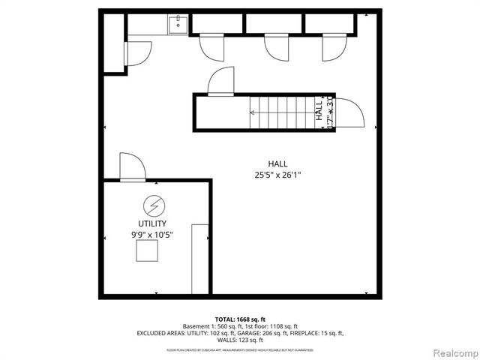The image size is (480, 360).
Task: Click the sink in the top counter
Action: [x=178, y=25]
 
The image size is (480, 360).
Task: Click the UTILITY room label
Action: [x=152, y=223]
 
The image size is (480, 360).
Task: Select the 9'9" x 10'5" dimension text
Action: [x=152, y=235]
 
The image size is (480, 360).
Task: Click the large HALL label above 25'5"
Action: [x=277, y=163]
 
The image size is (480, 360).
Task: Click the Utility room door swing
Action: [x=130, y=166]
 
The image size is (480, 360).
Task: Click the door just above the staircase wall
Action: [x=222, y=81]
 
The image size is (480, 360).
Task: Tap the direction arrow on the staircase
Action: [x=253, y=113]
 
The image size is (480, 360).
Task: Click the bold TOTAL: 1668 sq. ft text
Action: [x=239, y=319]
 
